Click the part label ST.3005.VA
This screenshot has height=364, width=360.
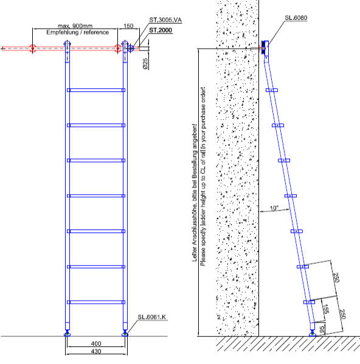coord(165,20)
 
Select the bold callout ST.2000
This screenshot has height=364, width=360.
coord(161,30)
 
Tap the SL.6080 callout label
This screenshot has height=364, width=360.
coord(296,18)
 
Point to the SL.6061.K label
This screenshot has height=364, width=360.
coord(152,317)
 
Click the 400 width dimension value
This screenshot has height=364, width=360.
coord(96,343)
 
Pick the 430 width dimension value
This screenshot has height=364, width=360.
coord(96,351)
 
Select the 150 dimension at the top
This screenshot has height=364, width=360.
coord(128,26)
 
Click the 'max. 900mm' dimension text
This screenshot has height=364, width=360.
coord(75,26)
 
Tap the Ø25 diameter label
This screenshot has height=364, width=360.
coord(145,63)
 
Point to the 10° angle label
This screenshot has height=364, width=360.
coord(274,208)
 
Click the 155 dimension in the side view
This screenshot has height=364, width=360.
coord(326,309)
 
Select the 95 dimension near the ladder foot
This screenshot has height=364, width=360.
coord(322,330)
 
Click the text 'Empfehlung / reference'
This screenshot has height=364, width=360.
coord(78,32)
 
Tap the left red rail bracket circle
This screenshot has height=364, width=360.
coord(32,49)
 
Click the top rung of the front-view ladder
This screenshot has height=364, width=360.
coord(96,90)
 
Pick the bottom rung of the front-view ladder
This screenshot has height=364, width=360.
coord(96,302)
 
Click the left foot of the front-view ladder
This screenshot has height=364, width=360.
coord(67,334)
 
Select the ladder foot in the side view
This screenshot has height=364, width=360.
coord(313,334)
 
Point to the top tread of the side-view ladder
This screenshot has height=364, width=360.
coord(272,90)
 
